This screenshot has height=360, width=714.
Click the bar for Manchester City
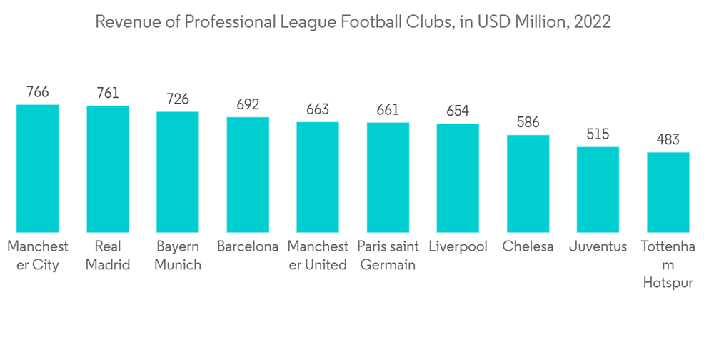pyautogui.click(x=38, y=168)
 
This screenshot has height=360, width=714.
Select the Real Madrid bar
pyautogui.click(x=108, y=169)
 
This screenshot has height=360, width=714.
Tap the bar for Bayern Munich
pyautogui.click(x=178, y=171)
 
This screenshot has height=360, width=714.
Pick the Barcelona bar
pyautogui.click(x=248, y=174)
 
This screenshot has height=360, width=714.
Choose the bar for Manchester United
pyautogui.click(x=318, y=176)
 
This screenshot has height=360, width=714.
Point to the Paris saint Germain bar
pyautogui.click(x=388, y=177)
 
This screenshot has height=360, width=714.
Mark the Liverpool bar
pyautogui.click(x=458, y=178)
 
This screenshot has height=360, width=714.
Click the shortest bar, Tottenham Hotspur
pyautogui.click(x=668, y=192)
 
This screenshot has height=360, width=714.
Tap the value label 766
pyautogui.click(x=38, y=92)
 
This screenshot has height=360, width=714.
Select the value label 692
pyautogui.click(x=248, y=104)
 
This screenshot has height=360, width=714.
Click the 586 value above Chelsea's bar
pyautogui.click(x=528, y=122)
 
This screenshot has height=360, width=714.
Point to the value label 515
pyautogui.click(x=598, y=134)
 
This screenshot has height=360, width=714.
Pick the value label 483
pyautogui.click(x=668, y=139)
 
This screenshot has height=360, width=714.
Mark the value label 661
pyautogui.click(x=388, y=110)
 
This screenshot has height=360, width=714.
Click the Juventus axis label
pyautogui.click(x=598, y=246)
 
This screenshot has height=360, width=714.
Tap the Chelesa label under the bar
pyautogui.click(x=528, y=246)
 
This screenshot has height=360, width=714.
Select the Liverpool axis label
pyautogui.click(x=458, y=246)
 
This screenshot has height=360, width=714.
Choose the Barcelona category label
pyautogui.click(x=248, y=246)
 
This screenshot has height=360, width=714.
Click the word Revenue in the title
pyautogui.click(x=123, y=21)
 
